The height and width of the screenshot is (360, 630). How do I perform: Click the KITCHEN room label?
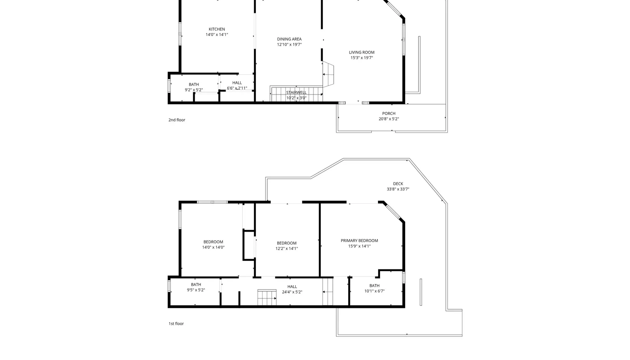(217, 29)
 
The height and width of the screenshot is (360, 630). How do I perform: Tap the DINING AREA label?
(289, 39)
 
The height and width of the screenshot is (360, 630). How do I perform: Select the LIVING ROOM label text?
(361, 52)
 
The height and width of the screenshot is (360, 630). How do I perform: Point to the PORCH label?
(389, 113)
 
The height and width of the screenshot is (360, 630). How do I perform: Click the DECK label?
(398, 184)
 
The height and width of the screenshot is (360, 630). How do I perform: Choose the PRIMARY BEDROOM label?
(359, 241)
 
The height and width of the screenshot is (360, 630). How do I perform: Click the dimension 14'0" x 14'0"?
(213, 247)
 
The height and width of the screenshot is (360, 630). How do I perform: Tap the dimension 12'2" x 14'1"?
(287, 249)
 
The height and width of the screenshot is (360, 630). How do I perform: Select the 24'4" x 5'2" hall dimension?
(292, 292)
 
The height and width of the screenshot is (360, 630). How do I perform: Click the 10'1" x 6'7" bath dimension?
(374, 291)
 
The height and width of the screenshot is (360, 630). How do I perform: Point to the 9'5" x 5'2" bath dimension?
(196, 290)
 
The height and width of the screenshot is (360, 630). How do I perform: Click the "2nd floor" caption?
(177, 120)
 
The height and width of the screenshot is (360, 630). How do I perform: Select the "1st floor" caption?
(176, 324)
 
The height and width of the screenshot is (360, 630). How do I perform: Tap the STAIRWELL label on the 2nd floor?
(296, 93)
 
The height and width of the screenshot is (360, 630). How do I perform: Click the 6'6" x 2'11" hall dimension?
(237, 88)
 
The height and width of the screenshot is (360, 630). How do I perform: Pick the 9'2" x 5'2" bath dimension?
(193, 90)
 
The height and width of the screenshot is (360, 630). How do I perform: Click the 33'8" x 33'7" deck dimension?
(398, 189)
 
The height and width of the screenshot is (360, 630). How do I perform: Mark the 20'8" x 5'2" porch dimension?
(389, 119)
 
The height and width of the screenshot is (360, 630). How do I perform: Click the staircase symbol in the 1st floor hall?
(267, 297)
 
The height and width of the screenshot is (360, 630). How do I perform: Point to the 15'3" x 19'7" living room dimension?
(361, 58)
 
